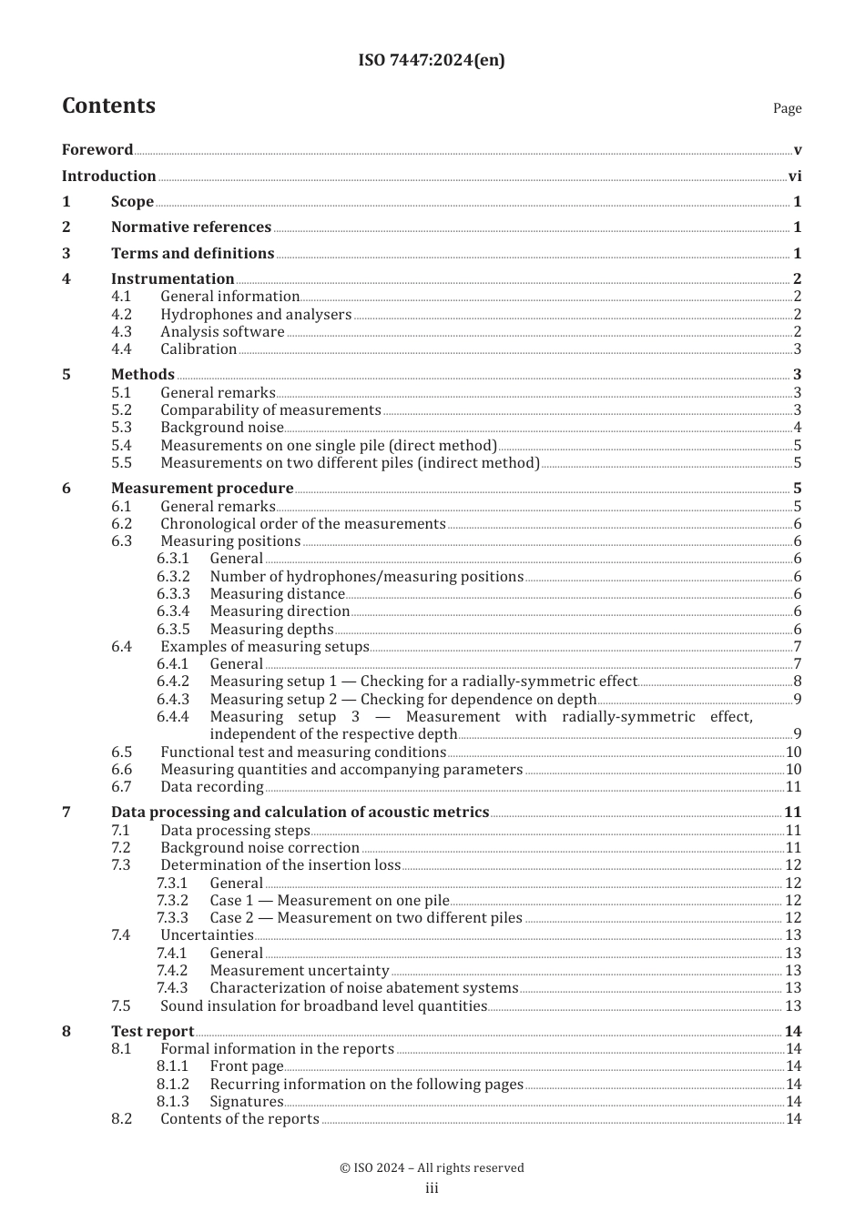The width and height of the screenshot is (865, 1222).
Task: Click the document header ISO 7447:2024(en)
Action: [432, 60]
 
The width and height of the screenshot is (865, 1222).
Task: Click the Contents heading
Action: [108, 106]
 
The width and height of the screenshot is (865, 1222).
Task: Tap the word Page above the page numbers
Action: [787, 108]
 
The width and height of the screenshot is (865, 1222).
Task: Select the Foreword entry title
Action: [97, 150]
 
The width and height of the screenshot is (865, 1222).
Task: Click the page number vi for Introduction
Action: [795, 177]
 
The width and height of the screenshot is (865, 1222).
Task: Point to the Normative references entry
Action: [190, 227]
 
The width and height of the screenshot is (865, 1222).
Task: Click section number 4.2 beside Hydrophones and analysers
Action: [121, 315]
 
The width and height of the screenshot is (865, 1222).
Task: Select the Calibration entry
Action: [198, 349]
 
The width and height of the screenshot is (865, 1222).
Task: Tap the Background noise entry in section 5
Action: [222, 428]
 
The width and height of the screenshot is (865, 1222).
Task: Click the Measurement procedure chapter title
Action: [202, 489]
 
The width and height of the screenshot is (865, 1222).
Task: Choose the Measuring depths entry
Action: [271, 630]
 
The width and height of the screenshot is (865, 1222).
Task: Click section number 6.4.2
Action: [173, 682]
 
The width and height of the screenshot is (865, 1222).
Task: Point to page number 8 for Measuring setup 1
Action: [797, 682]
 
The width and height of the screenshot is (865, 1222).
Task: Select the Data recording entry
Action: [211, 787]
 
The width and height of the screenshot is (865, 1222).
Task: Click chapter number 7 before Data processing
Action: [66, 813]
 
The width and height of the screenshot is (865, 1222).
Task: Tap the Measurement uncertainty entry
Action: [299, 971]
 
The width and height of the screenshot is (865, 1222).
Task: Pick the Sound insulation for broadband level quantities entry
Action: [323, 1006]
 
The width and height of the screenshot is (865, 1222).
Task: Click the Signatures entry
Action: [246, 1102]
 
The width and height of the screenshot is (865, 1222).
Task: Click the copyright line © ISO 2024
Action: [432, 1168]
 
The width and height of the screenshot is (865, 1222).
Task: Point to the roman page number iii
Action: [432, 1188]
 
